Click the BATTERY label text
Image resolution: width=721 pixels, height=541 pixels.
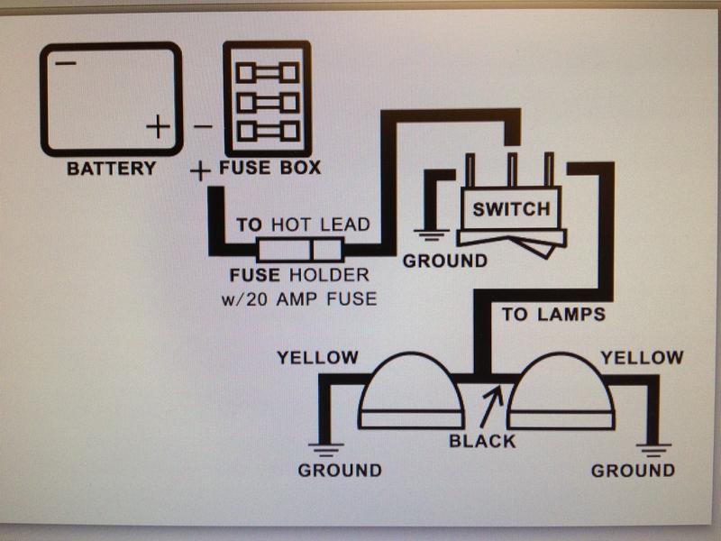pos(111,168)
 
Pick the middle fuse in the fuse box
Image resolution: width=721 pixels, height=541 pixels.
pos(267,102)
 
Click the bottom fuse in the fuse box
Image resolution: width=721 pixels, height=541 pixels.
pos(267,132)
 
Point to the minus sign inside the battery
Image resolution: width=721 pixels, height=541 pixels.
pos(64,63)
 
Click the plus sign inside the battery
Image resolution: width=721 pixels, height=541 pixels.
pos(158,126)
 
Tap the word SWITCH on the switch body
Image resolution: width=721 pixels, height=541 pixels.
pos(510,209)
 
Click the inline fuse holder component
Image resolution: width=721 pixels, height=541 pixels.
pos(299,250)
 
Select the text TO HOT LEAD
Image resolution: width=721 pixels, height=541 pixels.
pos(303,225)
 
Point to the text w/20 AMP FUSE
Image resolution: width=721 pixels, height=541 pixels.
pos(298,298)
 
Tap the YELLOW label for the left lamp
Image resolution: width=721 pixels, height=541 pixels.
pos(317,358)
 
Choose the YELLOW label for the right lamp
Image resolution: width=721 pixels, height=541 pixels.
pos(642,358)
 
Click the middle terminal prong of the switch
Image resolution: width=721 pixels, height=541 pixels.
pos(511,170)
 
